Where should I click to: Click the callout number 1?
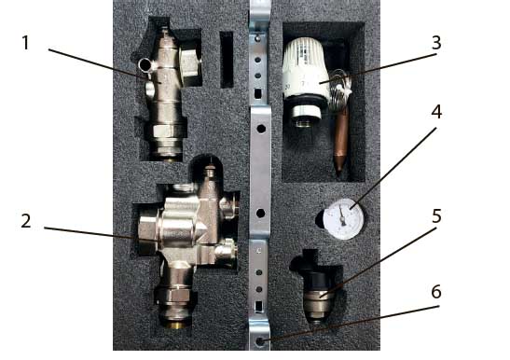(x=25, y=43)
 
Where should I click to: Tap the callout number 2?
(x=26, y=221)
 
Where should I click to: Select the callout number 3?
(x=436, y=43)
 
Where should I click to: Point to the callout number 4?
(x=436, y=112)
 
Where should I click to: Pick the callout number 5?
(x=436, y=216)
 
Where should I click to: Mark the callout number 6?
(x=436, y=292)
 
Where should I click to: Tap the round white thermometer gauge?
(x=343, y=219)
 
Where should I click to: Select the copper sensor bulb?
(x=340, y=140)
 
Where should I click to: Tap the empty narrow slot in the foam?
(x=227, y=60)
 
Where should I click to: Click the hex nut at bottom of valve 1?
(x=167, y=131)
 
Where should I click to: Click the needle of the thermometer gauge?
(x=341, y=215)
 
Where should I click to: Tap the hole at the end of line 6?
(x=260, y=341)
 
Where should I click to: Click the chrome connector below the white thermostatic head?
(x=306, y=113)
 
